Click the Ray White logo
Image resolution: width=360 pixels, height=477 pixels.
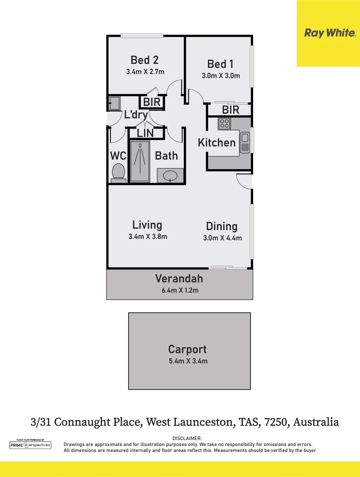coord(330,33)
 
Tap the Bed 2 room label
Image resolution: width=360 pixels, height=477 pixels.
coord(144,60)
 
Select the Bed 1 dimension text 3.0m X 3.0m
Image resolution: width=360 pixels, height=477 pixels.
coord(221,76)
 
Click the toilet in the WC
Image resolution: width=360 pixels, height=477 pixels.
coord(118,172)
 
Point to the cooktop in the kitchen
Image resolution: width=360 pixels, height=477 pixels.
coord(224,124)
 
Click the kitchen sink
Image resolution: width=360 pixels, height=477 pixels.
coord(245,142)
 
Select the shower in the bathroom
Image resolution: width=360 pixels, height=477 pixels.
coord(140,161)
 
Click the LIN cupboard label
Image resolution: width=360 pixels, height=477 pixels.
coord(145,132)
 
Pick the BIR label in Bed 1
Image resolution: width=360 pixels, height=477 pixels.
coord(231,110)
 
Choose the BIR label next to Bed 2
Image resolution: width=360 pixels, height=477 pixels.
coord(152,102)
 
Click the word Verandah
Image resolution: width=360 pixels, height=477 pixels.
coord(179,279)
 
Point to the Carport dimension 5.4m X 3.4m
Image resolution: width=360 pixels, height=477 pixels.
coord(188,361)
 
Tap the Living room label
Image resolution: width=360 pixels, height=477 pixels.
coord(147,225)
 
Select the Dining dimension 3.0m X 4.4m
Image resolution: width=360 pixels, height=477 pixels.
coord(222,238)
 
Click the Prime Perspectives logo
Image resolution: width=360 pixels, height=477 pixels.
coord(30,445)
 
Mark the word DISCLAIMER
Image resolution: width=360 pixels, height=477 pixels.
coord(187,438)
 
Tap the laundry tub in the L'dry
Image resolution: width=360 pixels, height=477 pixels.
coord(114,103)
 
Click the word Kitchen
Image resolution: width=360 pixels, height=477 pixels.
coord(216,143)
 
